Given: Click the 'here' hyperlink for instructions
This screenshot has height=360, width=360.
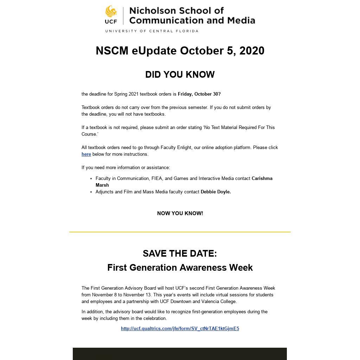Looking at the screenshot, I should click(x=86, y=154).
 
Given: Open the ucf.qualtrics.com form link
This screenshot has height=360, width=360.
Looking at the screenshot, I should click(x=180, y=329).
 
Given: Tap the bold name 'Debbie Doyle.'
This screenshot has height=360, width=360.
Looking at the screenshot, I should click(x=216, y=192).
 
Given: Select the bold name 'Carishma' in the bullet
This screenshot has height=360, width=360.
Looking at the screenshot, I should click(x=262, y=179).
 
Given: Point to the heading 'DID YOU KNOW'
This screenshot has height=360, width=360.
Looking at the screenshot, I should click(x=180, y=75).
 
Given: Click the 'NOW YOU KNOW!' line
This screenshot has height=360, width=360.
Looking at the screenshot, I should click(x=180, y=213).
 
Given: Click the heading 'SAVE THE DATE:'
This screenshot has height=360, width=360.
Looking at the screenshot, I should click(x=180, y=253).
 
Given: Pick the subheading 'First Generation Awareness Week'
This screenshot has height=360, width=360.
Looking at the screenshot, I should click(x=180, y=268).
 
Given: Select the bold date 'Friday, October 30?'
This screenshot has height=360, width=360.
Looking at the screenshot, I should click(x=199, y=94).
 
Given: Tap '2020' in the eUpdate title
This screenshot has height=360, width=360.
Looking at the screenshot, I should click(x=252, y=51).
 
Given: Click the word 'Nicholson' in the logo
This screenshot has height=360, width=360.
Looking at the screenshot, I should click(x=152, y=11).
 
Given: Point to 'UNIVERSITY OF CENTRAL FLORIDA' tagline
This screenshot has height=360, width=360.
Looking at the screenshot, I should click(x=152, y=31).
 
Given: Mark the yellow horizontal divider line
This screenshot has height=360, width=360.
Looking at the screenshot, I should click(x=180, y=232).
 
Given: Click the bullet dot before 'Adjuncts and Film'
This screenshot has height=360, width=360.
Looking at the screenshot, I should click(x=91, y=192).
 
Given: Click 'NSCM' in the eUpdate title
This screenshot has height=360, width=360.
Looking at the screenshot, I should click(x=112, y=51).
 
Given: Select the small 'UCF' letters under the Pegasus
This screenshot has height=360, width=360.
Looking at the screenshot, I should click(x=111, y=21).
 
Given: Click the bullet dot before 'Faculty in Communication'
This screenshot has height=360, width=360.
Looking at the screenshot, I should click(x=91, y=179).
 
